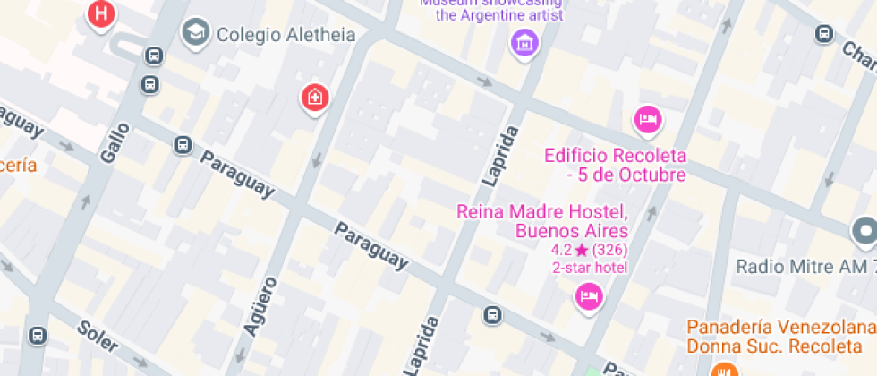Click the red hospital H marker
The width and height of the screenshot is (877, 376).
click(x=103, y=14)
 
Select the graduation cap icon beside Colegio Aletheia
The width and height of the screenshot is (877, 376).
click(x=192, y=34)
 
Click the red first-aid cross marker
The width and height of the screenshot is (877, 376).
click(x=313, y=97)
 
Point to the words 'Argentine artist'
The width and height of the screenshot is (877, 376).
click(x=511, y=15)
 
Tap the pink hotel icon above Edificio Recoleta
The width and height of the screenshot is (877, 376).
click(x=647, y=118)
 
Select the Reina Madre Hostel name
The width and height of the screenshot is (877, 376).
click(x=542, y=221)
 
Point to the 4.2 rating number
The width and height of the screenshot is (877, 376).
click(x=561, y=250)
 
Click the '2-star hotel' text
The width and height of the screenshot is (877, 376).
click(x=590, y=267)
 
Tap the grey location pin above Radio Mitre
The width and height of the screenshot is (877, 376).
click(x=864, y=232)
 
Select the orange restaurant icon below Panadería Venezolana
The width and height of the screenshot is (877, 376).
click(x=722, y=369)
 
